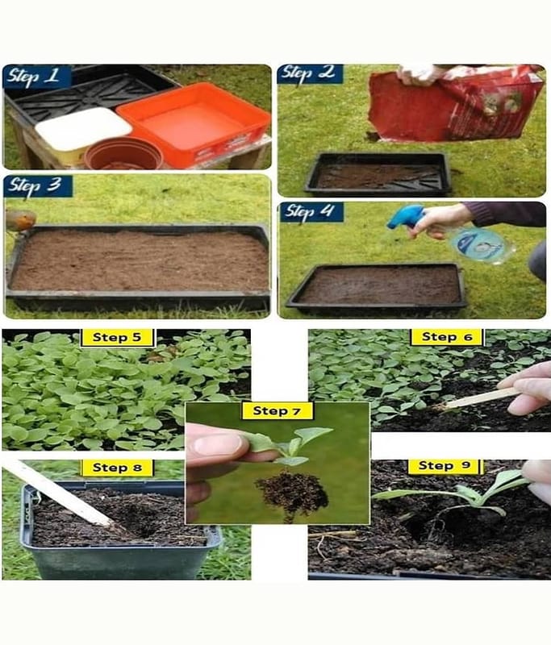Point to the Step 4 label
tap(311, 212)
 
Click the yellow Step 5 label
tap(117, 338)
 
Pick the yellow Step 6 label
tap(447, 337)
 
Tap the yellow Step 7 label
tap(277, 411)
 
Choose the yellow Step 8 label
tap(117, 468)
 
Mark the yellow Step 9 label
tap(444, 466)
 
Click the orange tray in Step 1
tap(194, 123)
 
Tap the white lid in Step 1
tap(83, 129)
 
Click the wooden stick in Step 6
tap(478, 399)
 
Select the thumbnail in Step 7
tap(217, 445)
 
